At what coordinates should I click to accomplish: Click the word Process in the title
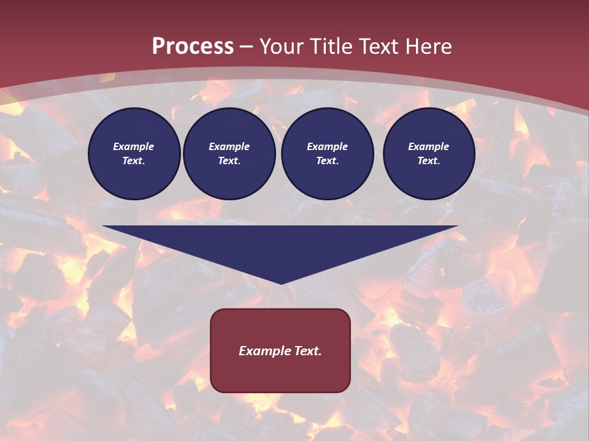pos(193,47)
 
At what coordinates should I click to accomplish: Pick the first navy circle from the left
pos(134,154)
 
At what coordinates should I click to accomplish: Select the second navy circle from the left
pos(229,154)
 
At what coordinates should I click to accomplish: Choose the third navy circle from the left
pos(328,154)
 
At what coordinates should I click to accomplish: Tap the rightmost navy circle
pos(429,154)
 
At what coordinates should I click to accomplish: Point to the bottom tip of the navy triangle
pos(281,283)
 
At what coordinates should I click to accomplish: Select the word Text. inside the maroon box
pos(307,351)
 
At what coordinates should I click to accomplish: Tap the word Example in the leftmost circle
pos(134,146)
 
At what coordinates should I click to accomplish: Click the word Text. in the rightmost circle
pos(428,160)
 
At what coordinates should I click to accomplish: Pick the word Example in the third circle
pos(328,146)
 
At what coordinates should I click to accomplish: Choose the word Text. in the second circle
pos(229,160)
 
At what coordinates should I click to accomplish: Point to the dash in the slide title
pos(247,47)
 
